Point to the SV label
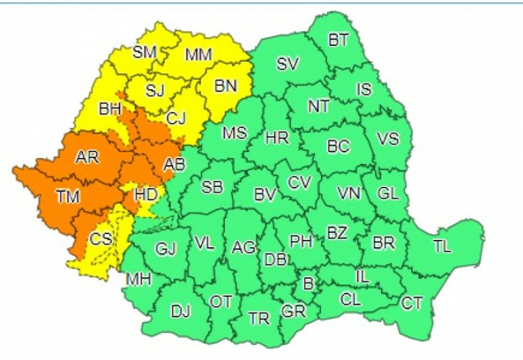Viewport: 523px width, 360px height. click(x=288, y=64)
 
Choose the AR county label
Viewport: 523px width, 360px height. click(x=87, y=156)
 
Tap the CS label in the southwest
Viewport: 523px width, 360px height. click(x=100, y=239)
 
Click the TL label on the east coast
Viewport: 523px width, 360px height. click(x=442, y=246)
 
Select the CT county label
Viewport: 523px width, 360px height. click(x=412, y=303)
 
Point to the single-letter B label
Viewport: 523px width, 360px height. click(x=308, y=284)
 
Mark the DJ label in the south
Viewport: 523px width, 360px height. click(x=181, y=312)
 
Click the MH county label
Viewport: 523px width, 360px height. click(x=139, y=279)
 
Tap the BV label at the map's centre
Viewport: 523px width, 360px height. click(x=265, y=195)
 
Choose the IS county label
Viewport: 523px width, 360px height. click(x=364, y=89)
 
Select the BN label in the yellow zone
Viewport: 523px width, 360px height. click(x=225, y=85)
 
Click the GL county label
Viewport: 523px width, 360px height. click(x=388, y=193)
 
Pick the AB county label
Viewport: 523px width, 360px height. click(x=174, y=164)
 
